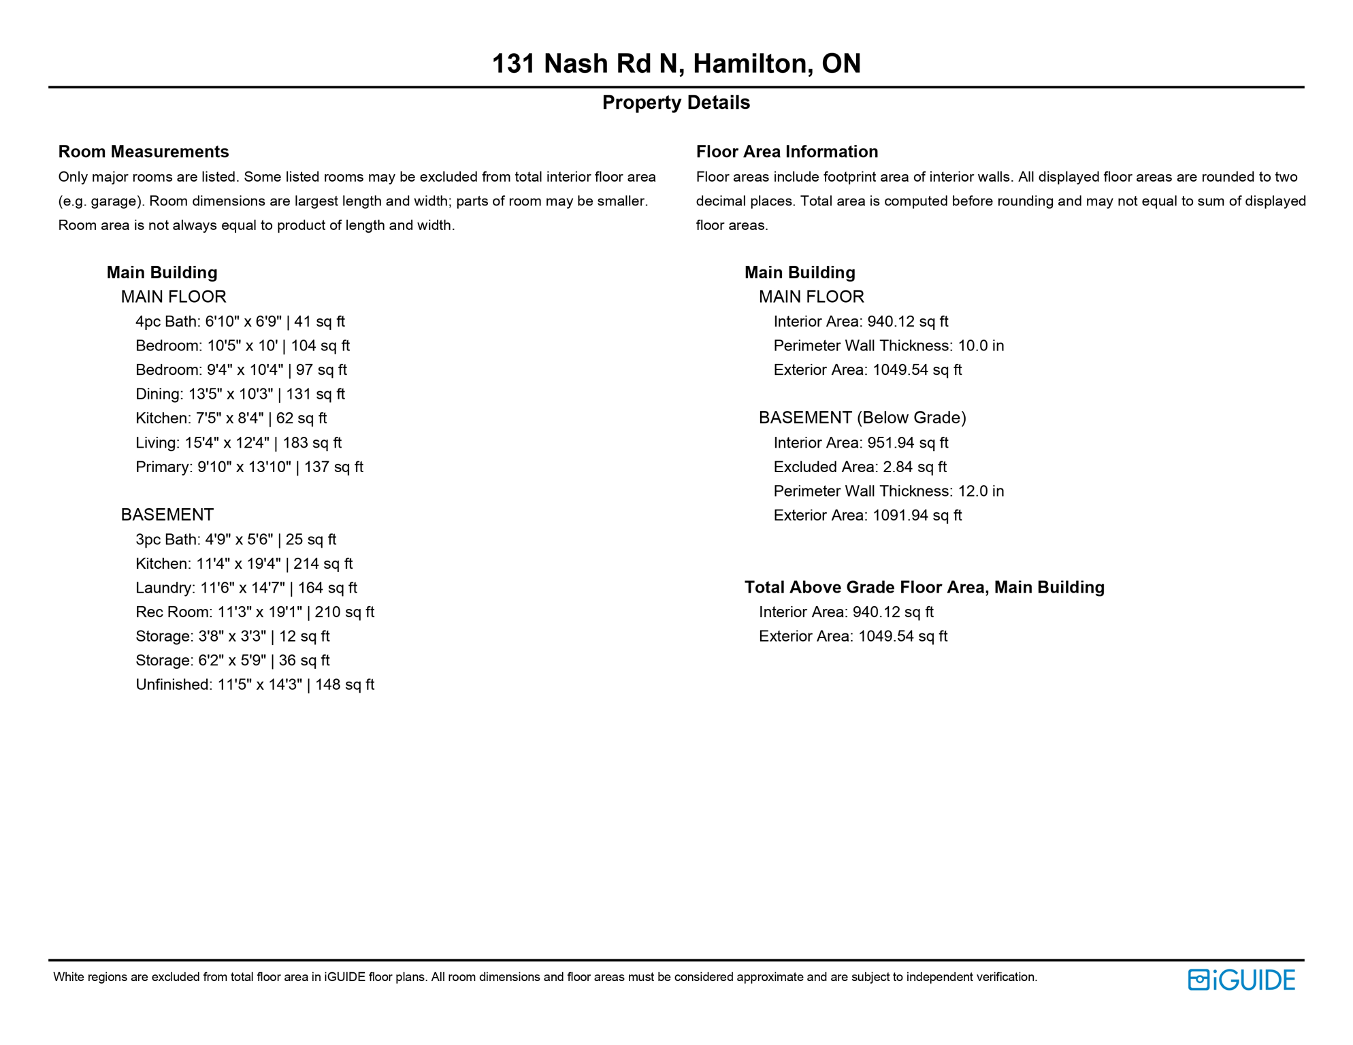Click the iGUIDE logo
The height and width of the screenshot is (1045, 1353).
[x=1241, y=980]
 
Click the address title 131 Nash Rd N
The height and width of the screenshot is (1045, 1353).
[x=676, y=64]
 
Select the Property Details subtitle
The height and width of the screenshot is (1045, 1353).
[x=676, y=103]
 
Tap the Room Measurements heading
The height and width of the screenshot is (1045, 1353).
[x=144, y=152]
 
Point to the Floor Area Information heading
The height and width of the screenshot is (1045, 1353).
[x=787, y=152]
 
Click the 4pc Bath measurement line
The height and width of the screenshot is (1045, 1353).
[x=240, y=322]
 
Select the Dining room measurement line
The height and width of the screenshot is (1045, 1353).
[x=240, y=395]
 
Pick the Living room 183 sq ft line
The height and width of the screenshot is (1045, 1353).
[x=238, y=443]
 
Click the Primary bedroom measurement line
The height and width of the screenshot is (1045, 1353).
[x=249, y=467]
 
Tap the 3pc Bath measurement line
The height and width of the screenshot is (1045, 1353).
[x=235, y=540]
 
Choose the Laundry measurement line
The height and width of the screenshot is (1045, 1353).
[x=246, y=588]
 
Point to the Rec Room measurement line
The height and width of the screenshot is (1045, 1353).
[x=255, y=612]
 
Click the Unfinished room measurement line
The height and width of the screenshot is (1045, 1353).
[x=255, y=685]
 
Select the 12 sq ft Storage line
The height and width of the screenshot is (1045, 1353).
[x=232, y=637]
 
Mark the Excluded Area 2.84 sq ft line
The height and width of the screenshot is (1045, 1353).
[x=860, y=467]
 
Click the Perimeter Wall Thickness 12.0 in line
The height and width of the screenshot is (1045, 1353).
[x=888, y=491]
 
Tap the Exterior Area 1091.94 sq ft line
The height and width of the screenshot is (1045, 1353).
[x=867, y=516]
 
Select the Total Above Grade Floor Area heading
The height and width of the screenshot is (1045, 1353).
[x=924, y=588]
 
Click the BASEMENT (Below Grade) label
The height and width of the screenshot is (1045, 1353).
[x=862, y=418]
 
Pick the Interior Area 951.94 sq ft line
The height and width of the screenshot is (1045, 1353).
[x=860, y=443]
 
